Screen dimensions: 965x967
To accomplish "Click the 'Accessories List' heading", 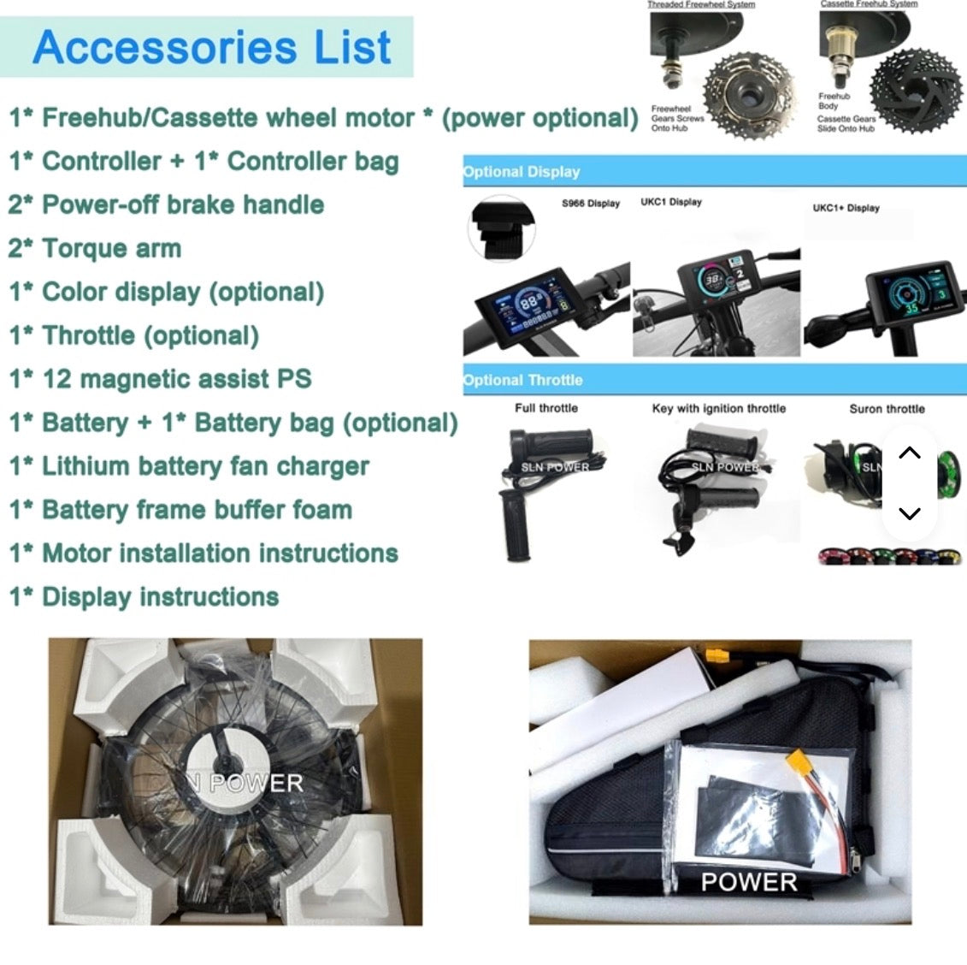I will tap(211, 48).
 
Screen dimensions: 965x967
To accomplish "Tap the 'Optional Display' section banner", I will tap(522, 171).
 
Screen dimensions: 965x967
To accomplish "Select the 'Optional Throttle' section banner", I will tap(523, 380).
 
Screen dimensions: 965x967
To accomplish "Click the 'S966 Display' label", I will tap(591, 204).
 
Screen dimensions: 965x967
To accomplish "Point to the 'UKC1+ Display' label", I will tap(846, 208).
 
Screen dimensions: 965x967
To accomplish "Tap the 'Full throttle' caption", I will tap(546, 408).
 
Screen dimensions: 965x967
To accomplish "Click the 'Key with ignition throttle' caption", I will tap(718, 408).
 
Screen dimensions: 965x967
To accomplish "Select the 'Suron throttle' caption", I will tap(887, 409).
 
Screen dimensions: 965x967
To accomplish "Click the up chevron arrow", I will tap(910, 453).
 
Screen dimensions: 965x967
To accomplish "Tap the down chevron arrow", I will tap(910, 513).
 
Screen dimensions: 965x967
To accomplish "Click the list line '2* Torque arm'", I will tap(95, 248).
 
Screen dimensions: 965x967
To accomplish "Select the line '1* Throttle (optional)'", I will tap(134, 335).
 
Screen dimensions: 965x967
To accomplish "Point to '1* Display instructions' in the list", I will tap(144, 596).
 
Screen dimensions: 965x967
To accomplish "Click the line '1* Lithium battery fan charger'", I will tap(189, 466).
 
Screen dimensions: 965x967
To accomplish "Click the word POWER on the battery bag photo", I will tap(749, 882).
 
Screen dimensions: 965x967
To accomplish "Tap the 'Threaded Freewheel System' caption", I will tap(701, 4).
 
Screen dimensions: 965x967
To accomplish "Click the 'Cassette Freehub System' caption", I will tap(869, 4).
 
